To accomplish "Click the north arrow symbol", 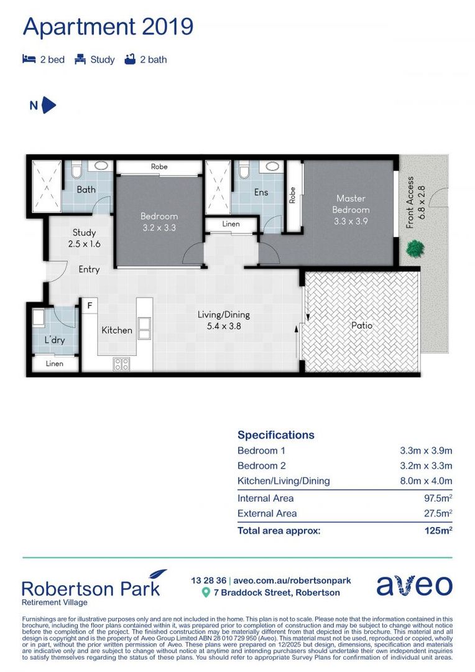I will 48,105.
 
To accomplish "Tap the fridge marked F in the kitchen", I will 90,306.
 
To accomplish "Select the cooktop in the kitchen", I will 121,364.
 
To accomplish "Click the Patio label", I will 361,325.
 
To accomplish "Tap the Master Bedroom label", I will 351,205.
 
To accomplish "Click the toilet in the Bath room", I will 76,170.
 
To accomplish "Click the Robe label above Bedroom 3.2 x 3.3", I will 159,167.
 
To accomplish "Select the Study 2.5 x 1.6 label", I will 84,238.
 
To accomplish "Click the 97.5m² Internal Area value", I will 434,498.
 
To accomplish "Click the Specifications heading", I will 275,435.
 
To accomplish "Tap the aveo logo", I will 413,586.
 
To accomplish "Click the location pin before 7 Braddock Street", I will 206,593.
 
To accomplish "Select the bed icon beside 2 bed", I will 29,60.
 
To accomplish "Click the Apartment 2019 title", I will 108,27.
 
